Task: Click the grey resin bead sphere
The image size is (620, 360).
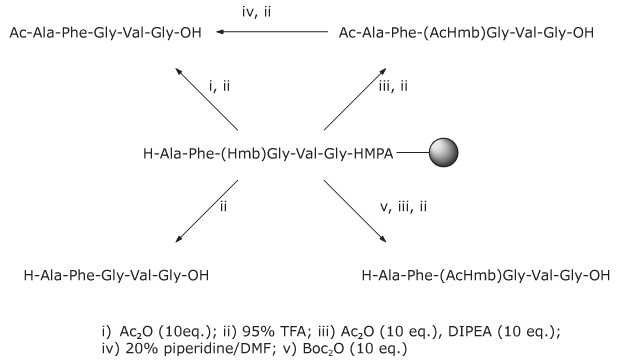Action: pos(444,154)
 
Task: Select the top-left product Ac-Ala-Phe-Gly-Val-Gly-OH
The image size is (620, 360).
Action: pos(105,33)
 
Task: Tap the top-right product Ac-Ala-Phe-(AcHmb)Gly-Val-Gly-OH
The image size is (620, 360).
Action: pos(467,33)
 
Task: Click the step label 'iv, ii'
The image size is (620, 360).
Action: pos(273,13)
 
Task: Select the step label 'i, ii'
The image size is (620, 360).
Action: pos(220,88)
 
